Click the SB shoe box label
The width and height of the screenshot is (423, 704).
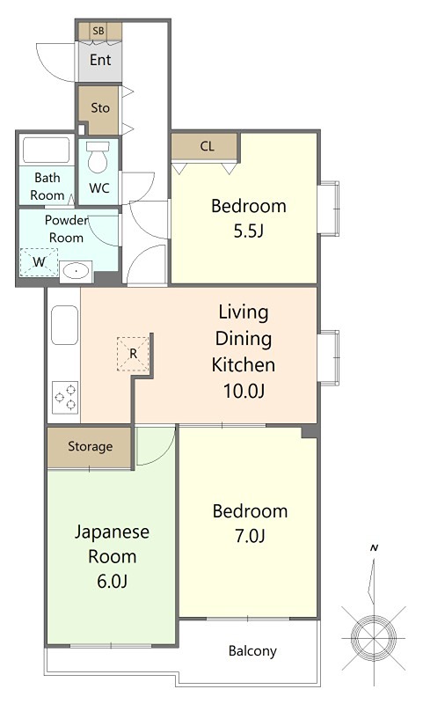click(98, 31)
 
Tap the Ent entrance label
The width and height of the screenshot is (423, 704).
click(100, 60)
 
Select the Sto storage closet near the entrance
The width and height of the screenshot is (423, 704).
click(99, 109)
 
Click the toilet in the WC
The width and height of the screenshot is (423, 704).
click(98, 158)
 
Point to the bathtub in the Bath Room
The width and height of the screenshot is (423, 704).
click(47, 150)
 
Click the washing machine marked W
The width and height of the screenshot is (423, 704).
click(40, 261)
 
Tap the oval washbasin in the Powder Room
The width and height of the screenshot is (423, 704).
click(77, 272)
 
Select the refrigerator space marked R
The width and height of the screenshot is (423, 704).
click(133, 354)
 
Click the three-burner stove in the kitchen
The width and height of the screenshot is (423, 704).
click(65, 398)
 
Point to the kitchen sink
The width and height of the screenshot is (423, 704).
click(65, 325)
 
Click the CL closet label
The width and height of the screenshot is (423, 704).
click(208, 146)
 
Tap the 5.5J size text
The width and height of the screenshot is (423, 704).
click(249, 231)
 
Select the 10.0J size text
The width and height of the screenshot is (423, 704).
click(244, 391)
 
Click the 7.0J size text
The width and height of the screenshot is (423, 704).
click(251, 536)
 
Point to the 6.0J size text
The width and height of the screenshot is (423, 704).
click(113, 581)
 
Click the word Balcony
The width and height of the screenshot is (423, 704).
click(252, 651)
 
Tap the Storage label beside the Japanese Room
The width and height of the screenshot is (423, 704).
click(91, 447)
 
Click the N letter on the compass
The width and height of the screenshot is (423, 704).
click(375, 547)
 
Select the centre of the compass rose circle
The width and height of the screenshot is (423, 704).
click(374, 638)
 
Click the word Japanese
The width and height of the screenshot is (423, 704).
click(112, 532)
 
